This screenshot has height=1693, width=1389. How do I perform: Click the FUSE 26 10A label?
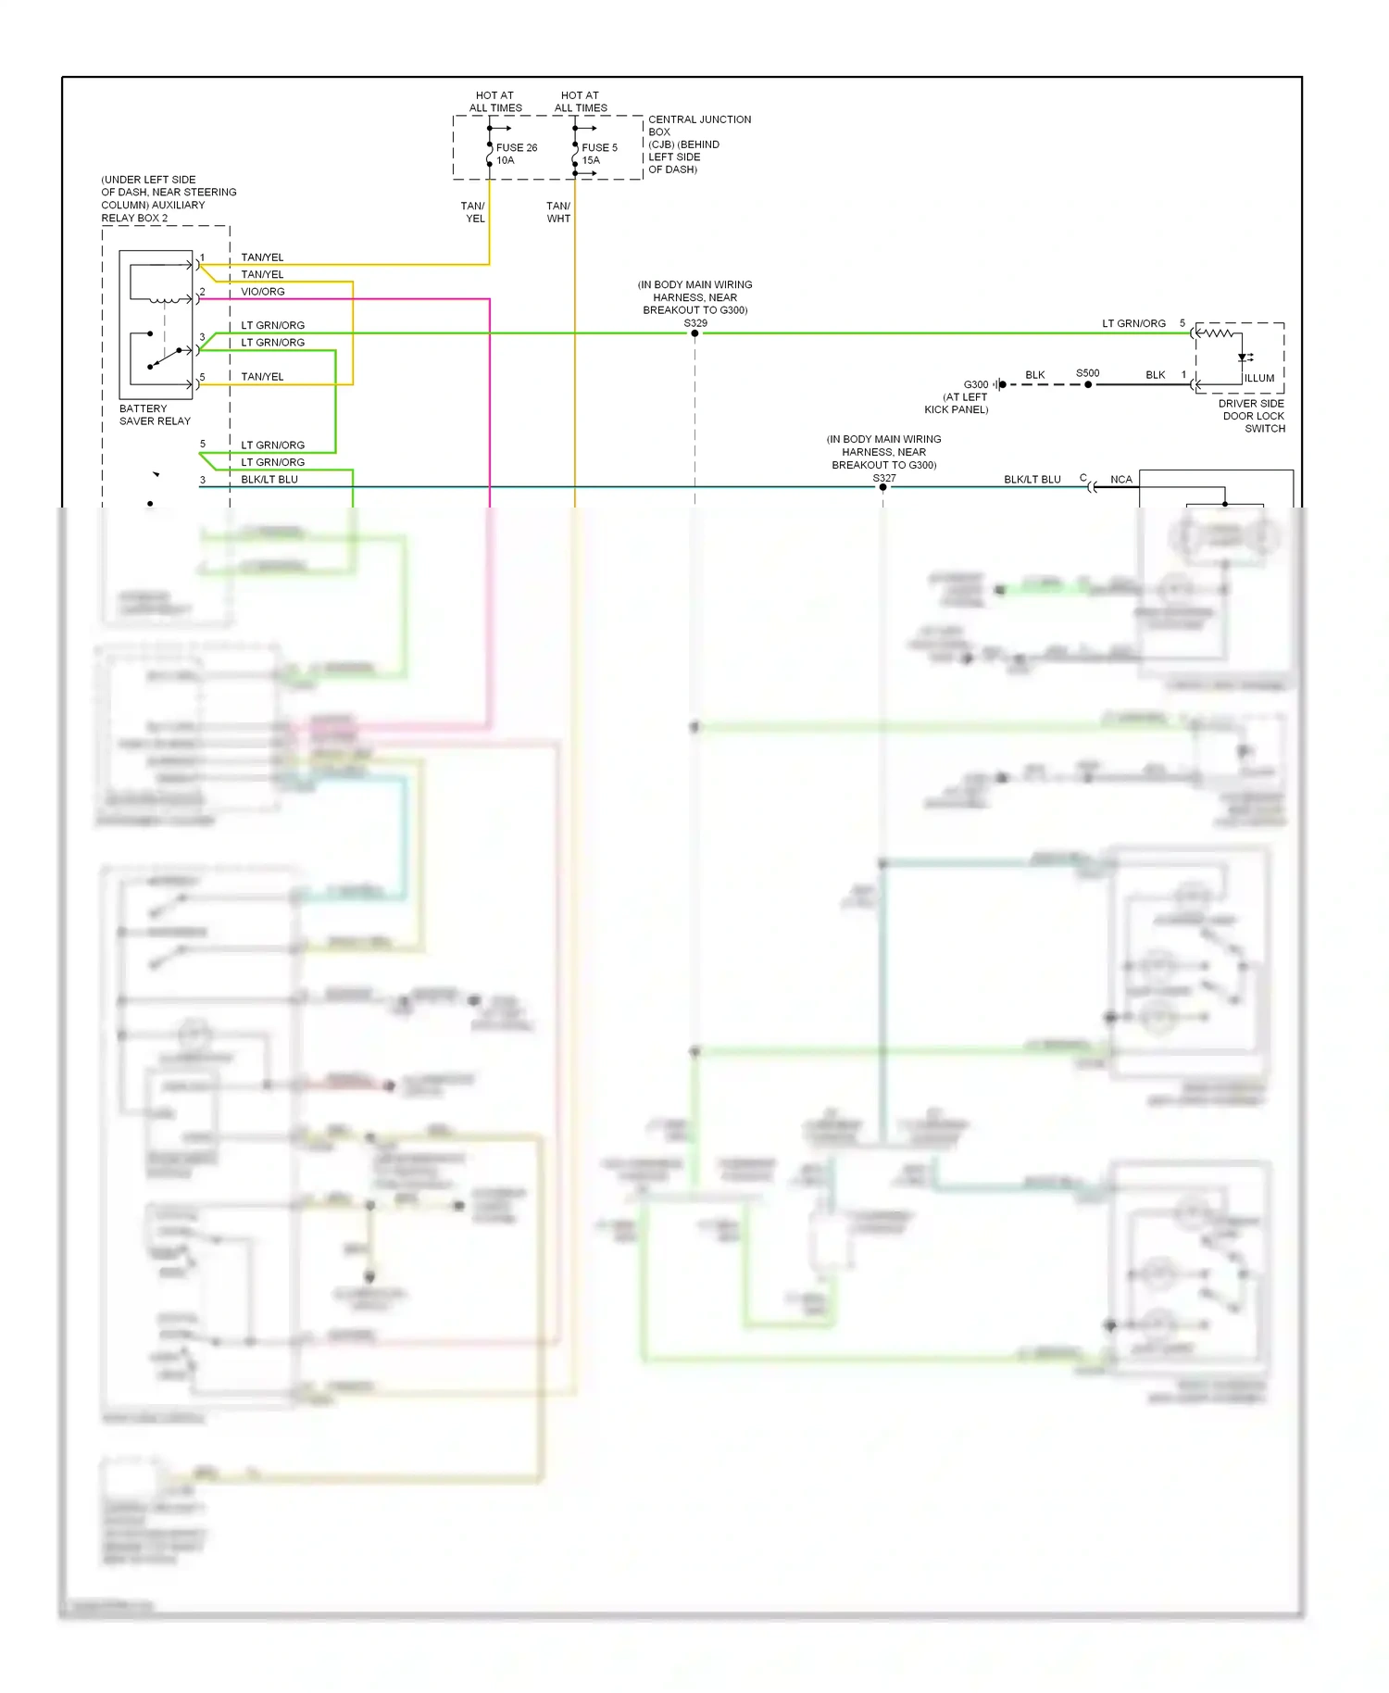pos(516,154)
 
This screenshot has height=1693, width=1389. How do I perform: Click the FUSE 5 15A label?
pos(598,154)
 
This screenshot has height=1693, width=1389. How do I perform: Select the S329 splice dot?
pos(694,333)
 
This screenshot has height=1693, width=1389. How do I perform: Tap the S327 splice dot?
pos(882,487)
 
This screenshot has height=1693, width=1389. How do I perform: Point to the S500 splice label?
pos(1087,373)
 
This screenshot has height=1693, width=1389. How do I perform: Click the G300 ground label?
pos(975,384)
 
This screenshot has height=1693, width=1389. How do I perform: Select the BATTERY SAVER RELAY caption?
pos(155,415)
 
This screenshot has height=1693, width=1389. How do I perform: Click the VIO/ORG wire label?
pos(263,292)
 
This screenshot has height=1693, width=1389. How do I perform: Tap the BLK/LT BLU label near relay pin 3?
pos(269,480)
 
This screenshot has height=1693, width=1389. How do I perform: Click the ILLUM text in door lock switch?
pos(1258,378)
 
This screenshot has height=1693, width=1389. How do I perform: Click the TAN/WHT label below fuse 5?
pos(558,212)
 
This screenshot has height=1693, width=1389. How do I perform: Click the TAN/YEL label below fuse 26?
pos(473,212)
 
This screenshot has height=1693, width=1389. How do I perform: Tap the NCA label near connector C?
pos(1120,480)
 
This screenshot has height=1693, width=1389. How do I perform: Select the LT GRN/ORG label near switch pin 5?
pos(1133,323)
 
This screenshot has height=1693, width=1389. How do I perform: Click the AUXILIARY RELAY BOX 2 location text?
pos(168,198)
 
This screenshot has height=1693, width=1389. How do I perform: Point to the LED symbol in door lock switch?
pos(1244,357)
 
